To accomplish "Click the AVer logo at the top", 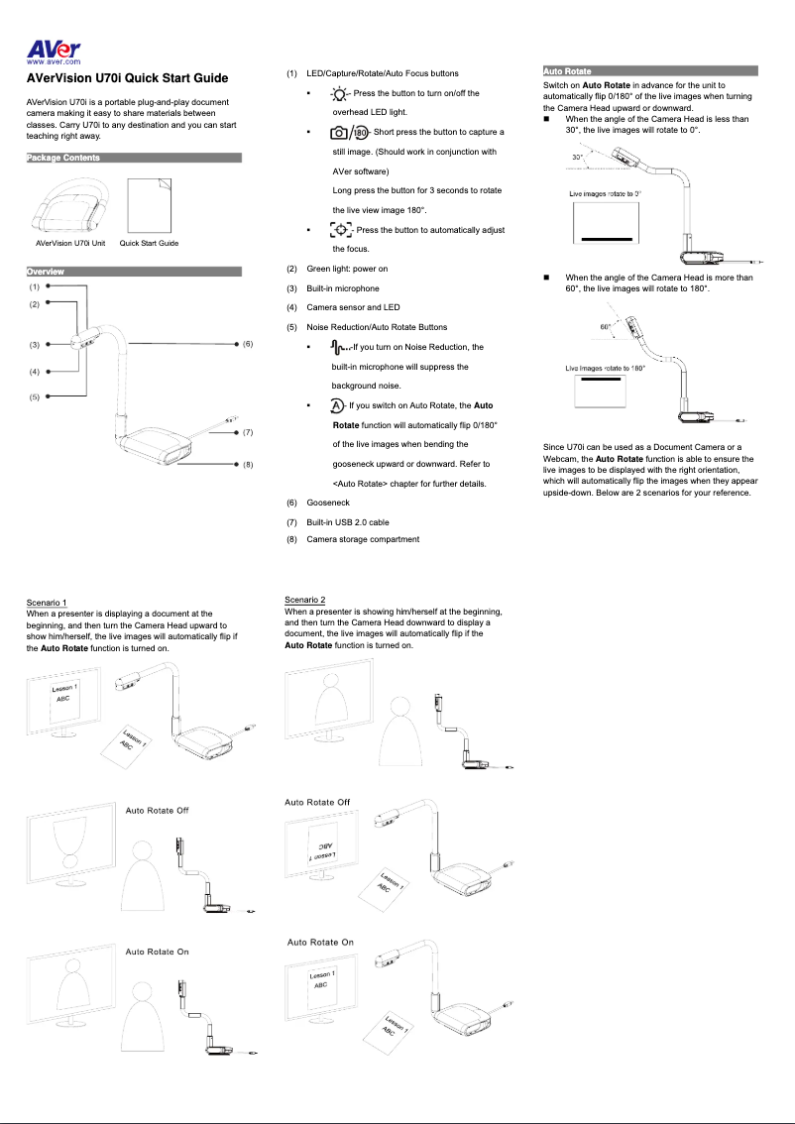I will [x=54, y=50].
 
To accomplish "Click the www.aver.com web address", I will [x=54, y=62].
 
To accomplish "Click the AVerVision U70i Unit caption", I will [x=70, y=243].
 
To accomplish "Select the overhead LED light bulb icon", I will [x=340, y=94].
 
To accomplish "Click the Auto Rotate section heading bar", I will [x=650, y=71].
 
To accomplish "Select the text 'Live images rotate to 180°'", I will [x=605, y=369].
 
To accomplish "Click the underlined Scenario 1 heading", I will [x=47, y=603].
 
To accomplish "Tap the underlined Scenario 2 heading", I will [x=304, y=600].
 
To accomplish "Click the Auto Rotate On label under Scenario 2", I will [x=319, y=942].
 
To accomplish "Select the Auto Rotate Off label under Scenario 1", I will [x=157, y=811].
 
